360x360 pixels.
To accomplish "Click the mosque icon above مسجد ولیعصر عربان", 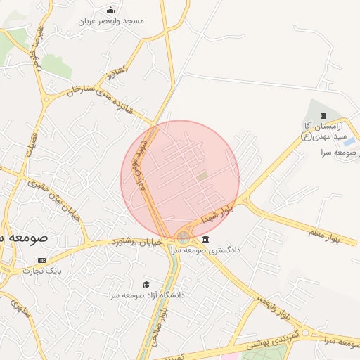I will click(111, 10).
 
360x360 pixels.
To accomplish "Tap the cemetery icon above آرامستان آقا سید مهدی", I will click(323, 115).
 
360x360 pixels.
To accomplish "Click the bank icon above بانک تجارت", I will click(41, 260).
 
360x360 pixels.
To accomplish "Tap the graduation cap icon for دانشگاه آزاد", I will click(146, 284).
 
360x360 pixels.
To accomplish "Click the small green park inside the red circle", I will click(202, 176).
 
